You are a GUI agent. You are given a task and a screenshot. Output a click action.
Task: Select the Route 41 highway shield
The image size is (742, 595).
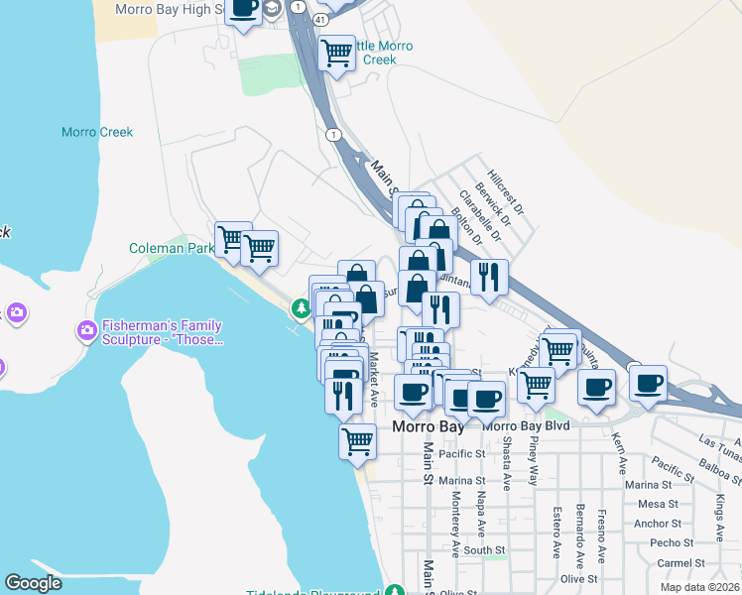[320, 19]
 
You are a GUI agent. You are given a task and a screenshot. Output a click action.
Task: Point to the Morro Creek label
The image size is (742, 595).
[97, 132]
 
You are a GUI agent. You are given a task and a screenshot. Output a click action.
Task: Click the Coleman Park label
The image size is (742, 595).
[171, 248]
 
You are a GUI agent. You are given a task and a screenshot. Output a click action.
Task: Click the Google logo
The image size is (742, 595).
[33, 583]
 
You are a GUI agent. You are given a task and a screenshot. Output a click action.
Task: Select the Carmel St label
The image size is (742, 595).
[680, 562]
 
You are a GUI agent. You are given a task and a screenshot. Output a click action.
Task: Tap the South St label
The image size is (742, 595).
[484, 549]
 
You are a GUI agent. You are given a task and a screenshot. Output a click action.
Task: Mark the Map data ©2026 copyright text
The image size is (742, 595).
[699, 586]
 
